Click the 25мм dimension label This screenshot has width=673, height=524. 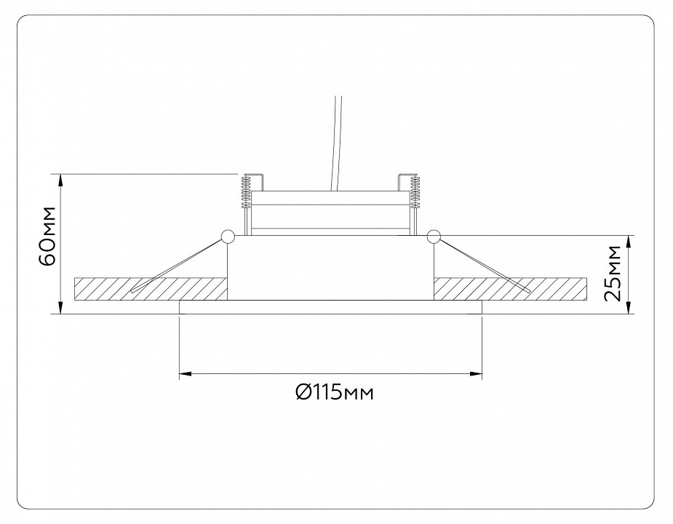(614, 274)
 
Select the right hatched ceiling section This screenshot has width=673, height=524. (509, 288)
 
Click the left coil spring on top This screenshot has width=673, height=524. (246, 191)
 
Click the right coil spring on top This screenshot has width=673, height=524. (417, 191)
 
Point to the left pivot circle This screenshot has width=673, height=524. (226, 236)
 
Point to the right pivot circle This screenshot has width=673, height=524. (434, 236)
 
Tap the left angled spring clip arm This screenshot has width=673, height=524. (178, 264)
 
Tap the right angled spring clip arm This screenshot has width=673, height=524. (484, 264)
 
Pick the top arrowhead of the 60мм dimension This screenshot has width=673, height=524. (60, 179)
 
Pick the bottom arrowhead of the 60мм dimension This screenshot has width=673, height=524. (60, 309)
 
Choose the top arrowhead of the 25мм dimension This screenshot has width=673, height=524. (630, 241)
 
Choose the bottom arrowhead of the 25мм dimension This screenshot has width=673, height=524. (630, 309)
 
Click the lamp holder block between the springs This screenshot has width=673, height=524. (331, 211)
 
